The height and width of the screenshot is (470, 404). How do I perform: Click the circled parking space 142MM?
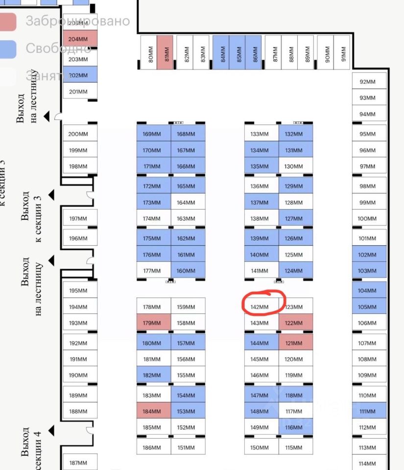coord(260,307)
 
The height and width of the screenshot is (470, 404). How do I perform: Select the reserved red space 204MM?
coord(80,40)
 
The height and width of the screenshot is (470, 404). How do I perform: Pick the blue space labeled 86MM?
coord(255,53)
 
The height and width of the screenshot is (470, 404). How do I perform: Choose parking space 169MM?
coord(153,134)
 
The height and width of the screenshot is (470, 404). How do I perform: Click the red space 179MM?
coord(153,323)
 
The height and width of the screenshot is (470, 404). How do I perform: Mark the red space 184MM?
coord(153,411)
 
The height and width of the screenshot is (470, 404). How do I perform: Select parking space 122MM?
coord(295,323)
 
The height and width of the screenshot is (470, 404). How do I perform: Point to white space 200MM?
coord(79,134)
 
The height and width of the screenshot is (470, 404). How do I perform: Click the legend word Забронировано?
coord(77,21)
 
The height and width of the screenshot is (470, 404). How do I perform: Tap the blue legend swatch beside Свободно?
coord(8,48)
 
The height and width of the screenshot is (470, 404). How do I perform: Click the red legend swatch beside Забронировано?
coord(8,21)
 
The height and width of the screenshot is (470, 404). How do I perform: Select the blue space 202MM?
coord(80,75)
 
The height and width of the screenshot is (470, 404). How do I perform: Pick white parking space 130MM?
coord(295,166)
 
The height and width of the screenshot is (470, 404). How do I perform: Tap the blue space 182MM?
coord(153,376)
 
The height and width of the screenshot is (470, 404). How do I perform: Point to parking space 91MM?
coord(343,53)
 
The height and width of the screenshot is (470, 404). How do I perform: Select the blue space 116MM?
coord(295,427)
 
